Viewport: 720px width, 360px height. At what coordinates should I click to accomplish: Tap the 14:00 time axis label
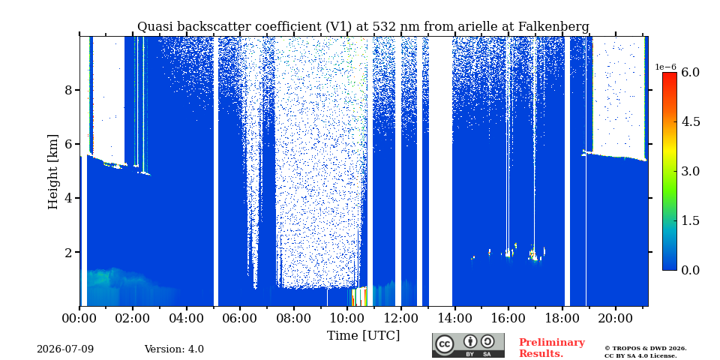click(x=454, y=318)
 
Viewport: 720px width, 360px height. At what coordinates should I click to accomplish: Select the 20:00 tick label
click(x=615, y=318)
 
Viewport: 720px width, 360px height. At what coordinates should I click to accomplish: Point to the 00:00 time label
click(x=79, y=318)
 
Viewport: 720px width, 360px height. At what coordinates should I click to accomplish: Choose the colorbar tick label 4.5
click(x=690, y=121)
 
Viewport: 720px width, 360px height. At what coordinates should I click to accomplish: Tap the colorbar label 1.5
click(x=690, y=220)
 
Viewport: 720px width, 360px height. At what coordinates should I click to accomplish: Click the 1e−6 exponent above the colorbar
click(x=666, y=67)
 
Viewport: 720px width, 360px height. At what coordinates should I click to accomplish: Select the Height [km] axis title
click(x=53, y=172)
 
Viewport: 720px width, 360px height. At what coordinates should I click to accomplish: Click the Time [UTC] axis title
click(x=363, y=336)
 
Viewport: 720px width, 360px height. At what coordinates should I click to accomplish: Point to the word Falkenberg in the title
click(x=553, y=27)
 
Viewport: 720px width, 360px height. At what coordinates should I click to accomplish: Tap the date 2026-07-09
click(x=65, y=349)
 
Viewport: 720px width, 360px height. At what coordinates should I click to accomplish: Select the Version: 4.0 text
click(x=174, y=349)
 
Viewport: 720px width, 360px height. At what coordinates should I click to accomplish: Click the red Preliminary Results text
click(x=552, y=348)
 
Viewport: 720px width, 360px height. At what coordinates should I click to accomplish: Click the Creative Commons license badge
click(x=468, y=345)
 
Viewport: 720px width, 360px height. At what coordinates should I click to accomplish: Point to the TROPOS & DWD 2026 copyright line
click(x=646, y=349)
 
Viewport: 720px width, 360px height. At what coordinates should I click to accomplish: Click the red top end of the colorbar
click(x=670, y=74)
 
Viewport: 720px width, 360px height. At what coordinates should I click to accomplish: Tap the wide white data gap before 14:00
click(x=440, y=171)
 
